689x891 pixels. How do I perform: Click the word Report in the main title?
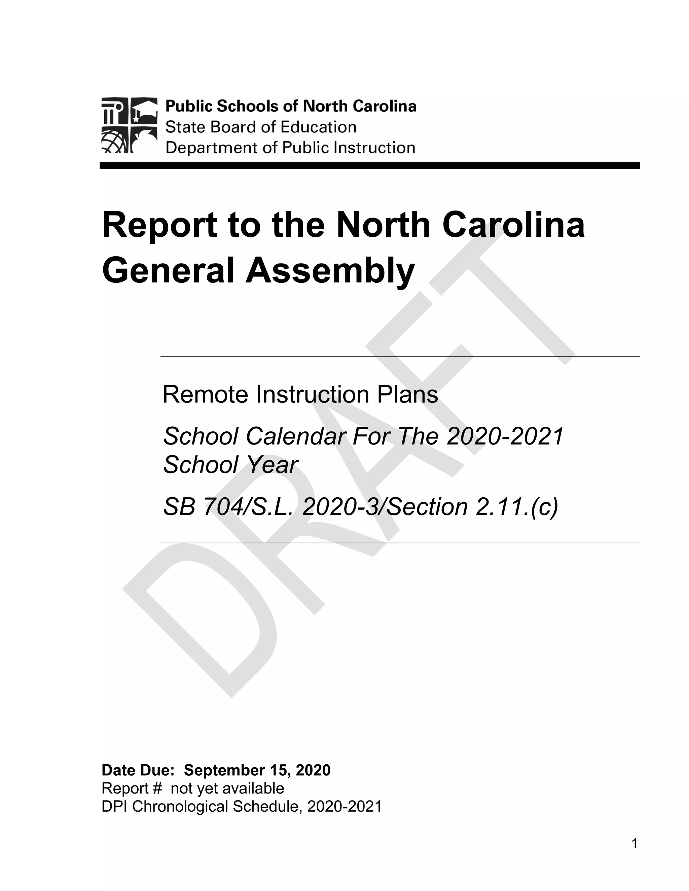coord(159,226)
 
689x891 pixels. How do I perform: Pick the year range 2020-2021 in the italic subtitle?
coord(505,436)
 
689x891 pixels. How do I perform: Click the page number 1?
coord(634,843)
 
